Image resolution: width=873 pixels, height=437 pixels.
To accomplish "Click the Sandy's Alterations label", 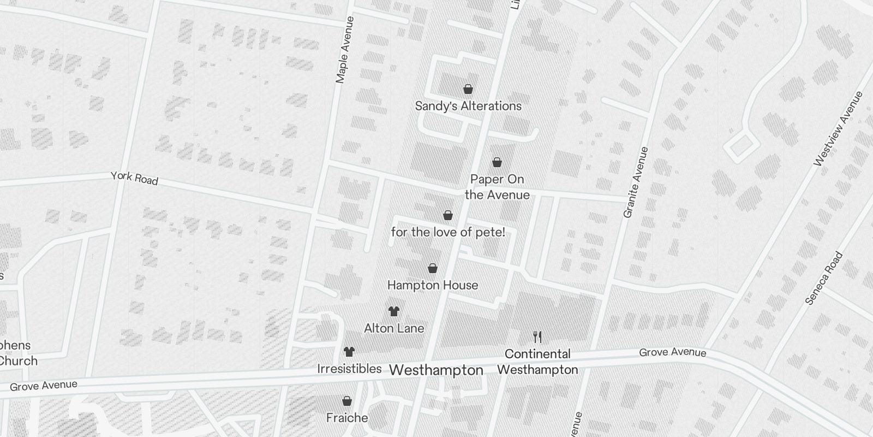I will (x=468, y=106).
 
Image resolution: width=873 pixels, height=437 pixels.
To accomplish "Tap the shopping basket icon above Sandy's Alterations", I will (x=468, y=89).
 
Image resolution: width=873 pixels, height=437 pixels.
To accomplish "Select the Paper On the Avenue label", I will (x=497, y=187).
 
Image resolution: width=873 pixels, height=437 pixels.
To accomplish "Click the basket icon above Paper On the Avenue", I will (x=497, y=162).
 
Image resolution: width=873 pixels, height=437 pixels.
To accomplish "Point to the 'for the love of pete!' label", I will (x=448, y=232).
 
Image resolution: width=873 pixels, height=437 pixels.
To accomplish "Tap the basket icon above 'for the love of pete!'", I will (x=448, y=215).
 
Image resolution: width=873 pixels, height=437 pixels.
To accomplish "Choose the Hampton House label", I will (x=433, y=285).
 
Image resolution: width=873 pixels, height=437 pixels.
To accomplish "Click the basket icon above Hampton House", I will (x=433, y=268).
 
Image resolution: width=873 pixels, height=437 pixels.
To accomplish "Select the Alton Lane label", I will (x=394, y=328).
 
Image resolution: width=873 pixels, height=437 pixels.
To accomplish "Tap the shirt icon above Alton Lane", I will (x=394, y=311).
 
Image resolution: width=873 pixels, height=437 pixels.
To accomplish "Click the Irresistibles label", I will (x=349, y=369).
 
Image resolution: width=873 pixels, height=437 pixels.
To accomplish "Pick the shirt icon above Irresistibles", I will (x=349, y=352).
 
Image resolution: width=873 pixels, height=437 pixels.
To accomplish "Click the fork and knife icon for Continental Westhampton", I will (x=537, y=336).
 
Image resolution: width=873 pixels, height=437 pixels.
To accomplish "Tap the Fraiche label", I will (x=347, y=418).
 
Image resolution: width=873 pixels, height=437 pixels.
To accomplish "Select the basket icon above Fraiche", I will (x=347, y=401).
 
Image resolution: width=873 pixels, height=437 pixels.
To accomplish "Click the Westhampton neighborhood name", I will (x=436, y=370).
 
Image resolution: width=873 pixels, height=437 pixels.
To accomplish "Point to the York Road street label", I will (x=134, y=178).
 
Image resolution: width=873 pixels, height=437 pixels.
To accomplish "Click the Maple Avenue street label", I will (x=345, y=50).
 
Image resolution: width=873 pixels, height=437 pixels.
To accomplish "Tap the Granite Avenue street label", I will (x=636, y=182).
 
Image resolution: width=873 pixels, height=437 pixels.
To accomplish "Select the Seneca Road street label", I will (x=824, y=278).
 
